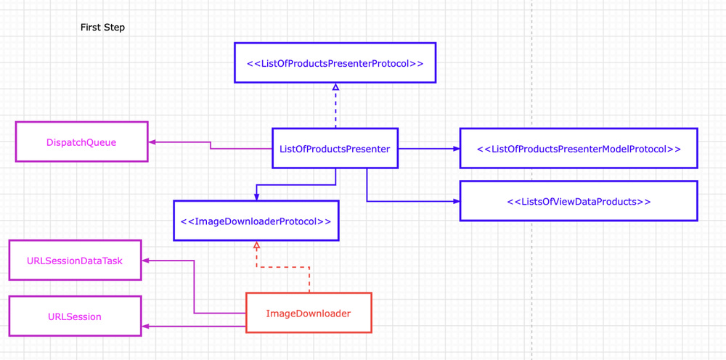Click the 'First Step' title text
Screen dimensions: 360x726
point(102,28)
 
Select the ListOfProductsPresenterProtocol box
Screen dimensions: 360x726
point(335,63)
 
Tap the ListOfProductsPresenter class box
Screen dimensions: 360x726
point(335,149)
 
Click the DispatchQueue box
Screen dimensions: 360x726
point(81,142)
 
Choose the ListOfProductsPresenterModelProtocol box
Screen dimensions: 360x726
point(579,149)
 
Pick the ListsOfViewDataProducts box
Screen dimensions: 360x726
point(579,201)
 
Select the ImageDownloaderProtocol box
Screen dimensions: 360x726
point(256,221)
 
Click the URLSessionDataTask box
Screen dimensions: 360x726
point(75,261)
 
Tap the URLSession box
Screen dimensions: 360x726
point(75,316)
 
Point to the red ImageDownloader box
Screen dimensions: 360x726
point(309,314)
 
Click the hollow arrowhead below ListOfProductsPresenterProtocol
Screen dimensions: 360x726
point(335,87)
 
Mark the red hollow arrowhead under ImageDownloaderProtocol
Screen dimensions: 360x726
point(256,245)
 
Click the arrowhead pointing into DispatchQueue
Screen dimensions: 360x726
point(152,142)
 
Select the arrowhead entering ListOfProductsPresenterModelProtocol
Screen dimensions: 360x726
point(456,149)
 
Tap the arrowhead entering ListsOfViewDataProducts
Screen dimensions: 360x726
point(456,201)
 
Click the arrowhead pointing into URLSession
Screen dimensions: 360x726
point(145,327)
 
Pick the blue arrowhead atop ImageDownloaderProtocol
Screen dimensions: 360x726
point(256,197)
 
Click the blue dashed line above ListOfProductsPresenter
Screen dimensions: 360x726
point(335,109)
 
